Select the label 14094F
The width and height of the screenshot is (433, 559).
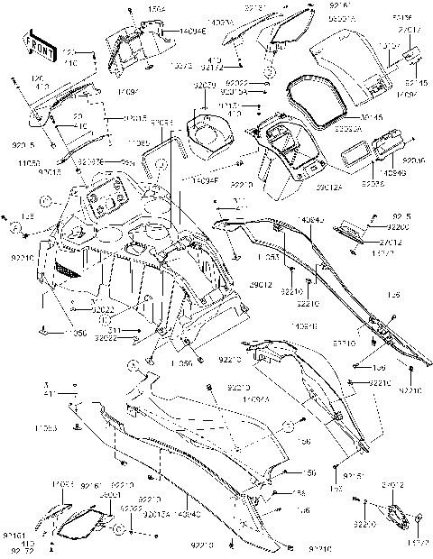click(209, 181)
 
